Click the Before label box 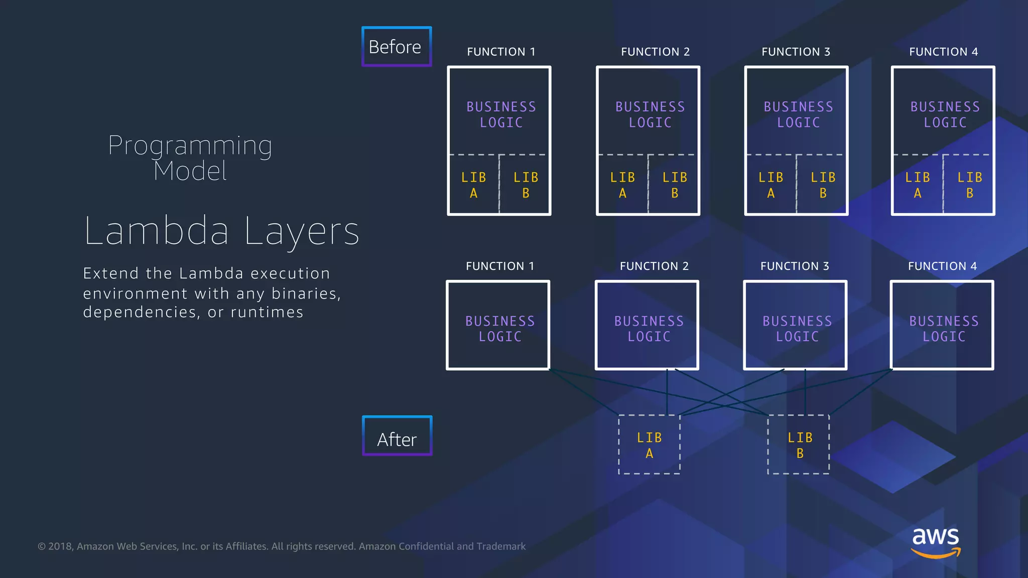click(x=396, y=47)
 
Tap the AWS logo click(x=935, y=541)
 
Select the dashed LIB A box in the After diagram click(x=649, y=445)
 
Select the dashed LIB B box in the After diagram click(x=799, y=445)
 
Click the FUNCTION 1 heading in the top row click(x=501, y=52)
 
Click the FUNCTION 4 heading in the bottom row click(x=942, y=266)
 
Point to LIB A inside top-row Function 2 click(x=622, y=185)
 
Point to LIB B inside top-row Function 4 click(x=969, y=185)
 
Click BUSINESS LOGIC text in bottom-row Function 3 click(x=797, y=329)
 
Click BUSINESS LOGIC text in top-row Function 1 click(x=501, y=114)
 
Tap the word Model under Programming click(x=190, y=171)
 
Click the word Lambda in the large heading click(x=157, y=231)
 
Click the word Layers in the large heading click(x=302, y=231)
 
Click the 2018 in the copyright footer click(x=60, y=546)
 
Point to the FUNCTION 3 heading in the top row click(x=796, y=52)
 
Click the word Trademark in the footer click(x=501, y=546)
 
